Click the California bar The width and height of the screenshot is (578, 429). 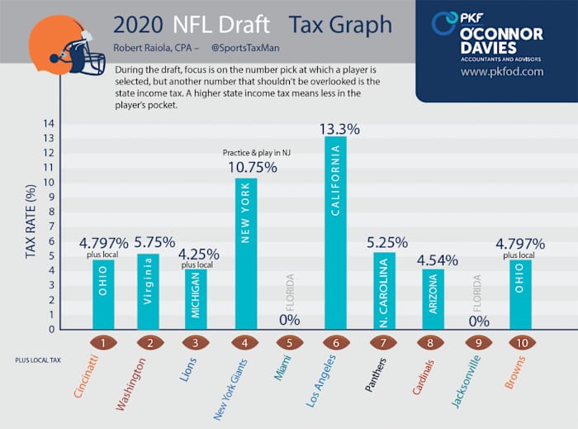click(x=335, y=232)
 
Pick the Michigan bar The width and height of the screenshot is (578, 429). click(x=196, y=299)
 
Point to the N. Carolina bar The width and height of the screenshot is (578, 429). click(x=383, y=290)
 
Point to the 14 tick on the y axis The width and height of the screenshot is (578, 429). click(x=49, y=124)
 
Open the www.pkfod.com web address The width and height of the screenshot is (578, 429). click(x=502, y=71)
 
